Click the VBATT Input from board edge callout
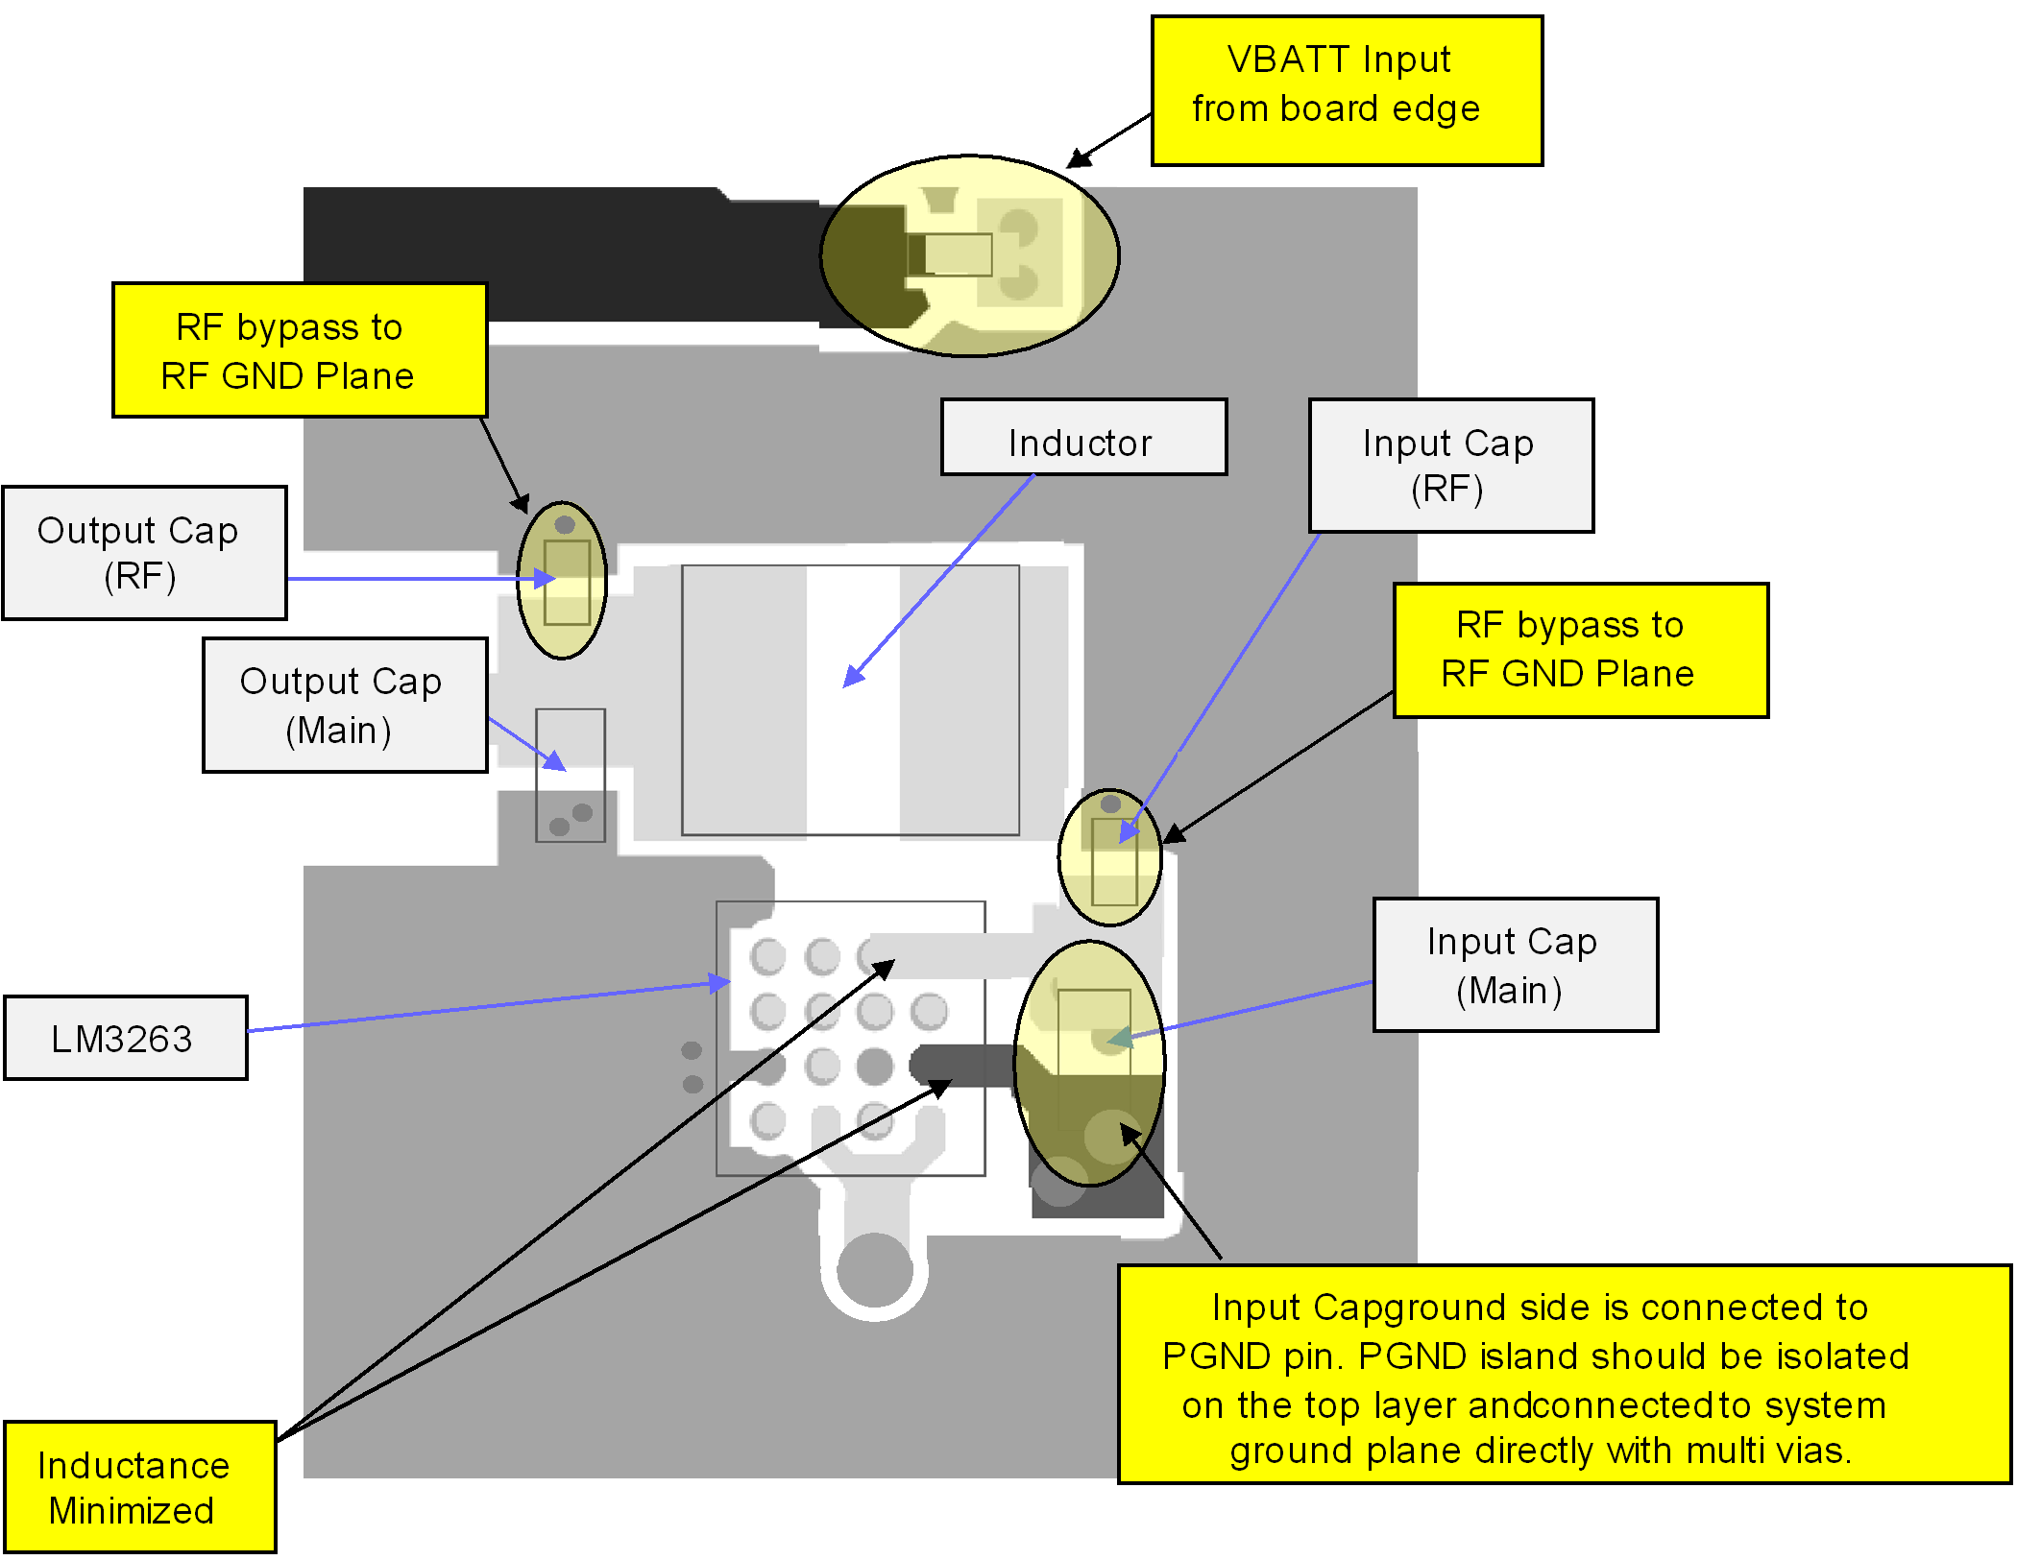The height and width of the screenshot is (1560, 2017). (x=1347, y=90)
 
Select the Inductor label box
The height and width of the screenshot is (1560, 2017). (x=1083, y=438)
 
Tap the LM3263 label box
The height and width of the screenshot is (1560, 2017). (x=126, y=1038)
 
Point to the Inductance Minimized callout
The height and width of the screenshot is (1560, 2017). (x=140, y=1486)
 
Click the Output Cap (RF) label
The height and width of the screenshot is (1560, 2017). (x=145, y=553)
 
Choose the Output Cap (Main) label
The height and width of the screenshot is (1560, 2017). (x=345, y=705)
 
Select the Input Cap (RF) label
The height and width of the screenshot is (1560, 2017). (x=1450, y=466)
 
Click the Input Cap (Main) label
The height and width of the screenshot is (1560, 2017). (x=1515, y=965)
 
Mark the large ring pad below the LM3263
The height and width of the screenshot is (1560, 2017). (x=874, y=1269)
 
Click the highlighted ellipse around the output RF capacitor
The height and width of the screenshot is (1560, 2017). (x=562, y=580)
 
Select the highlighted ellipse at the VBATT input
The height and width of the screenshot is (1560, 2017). (x=970, y=255)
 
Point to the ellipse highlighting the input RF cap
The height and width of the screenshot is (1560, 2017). (x=1109, y=857)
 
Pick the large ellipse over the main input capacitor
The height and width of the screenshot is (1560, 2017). (x=1090, y=1063)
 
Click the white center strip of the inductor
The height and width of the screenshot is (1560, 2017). (x=853, y=700)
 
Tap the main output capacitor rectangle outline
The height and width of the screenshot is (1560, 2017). (x=571, y=776)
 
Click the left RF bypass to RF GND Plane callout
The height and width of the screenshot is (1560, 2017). (x=300, y=350)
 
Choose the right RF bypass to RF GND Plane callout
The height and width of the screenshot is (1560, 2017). (x=1580, y=650)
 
